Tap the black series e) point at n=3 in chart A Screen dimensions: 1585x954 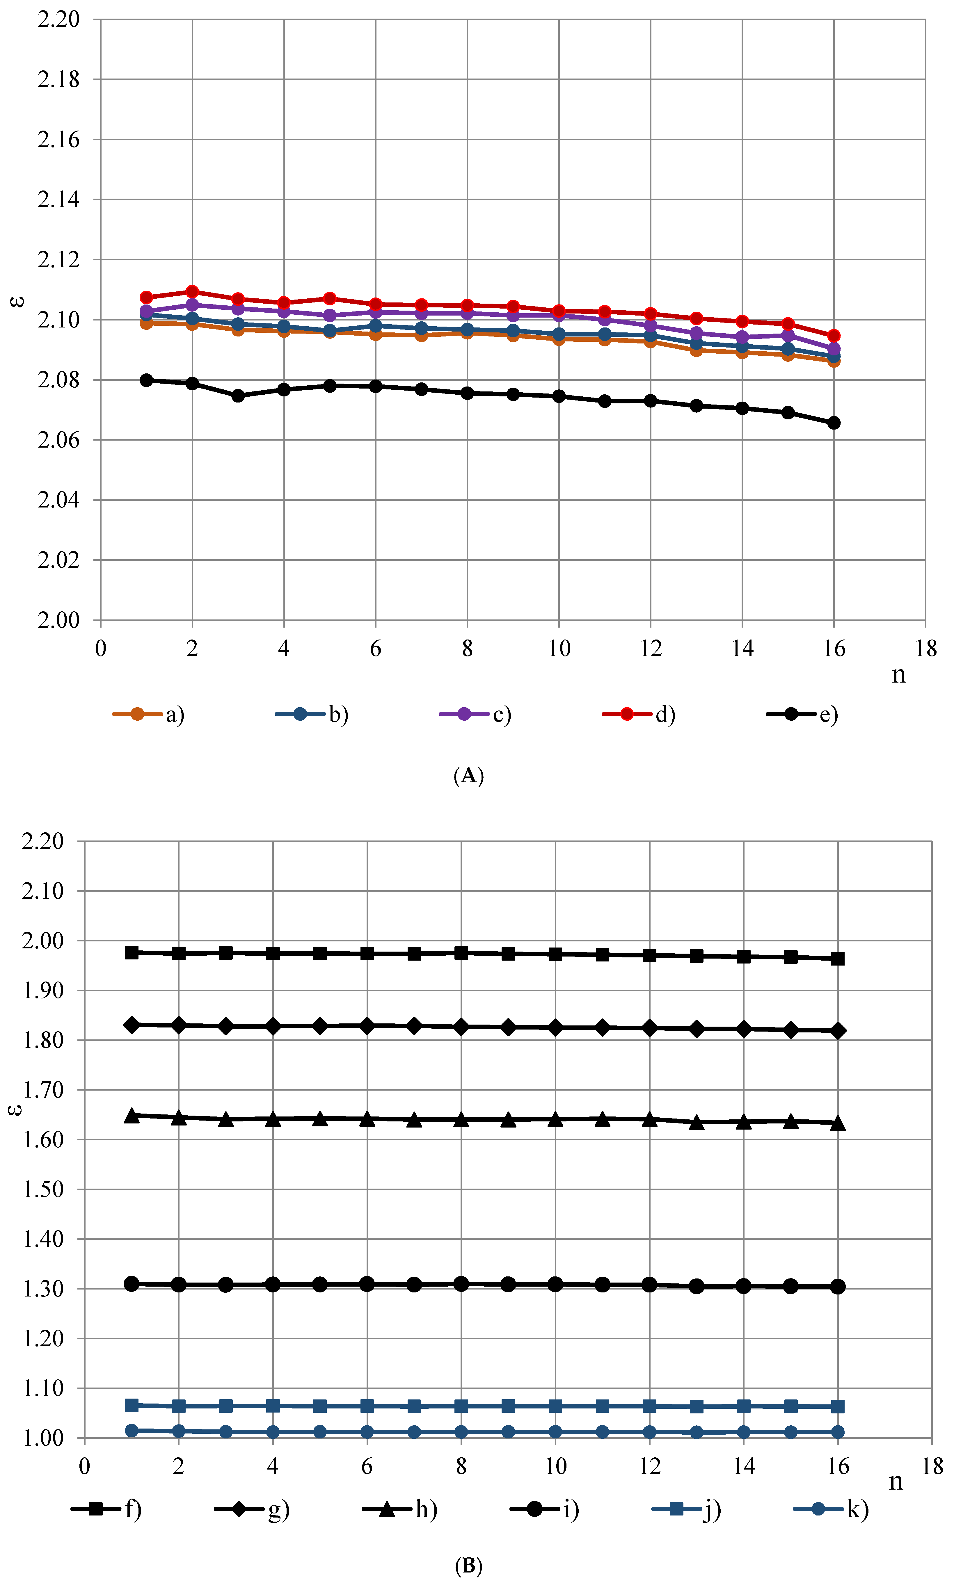[x=238, y=396]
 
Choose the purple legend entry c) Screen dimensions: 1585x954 [x=476, y=715]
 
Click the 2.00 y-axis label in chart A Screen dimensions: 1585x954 [x=58, y=620]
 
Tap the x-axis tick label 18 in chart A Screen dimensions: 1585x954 [x=926, y=649]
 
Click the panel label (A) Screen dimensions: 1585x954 [x=469, y=776]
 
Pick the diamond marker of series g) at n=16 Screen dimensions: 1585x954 [x=838, y=1030]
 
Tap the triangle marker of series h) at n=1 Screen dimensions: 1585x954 [x=132, y=1115]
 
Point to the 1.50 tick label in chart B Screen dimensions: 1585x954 [x=44, y=1189]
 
